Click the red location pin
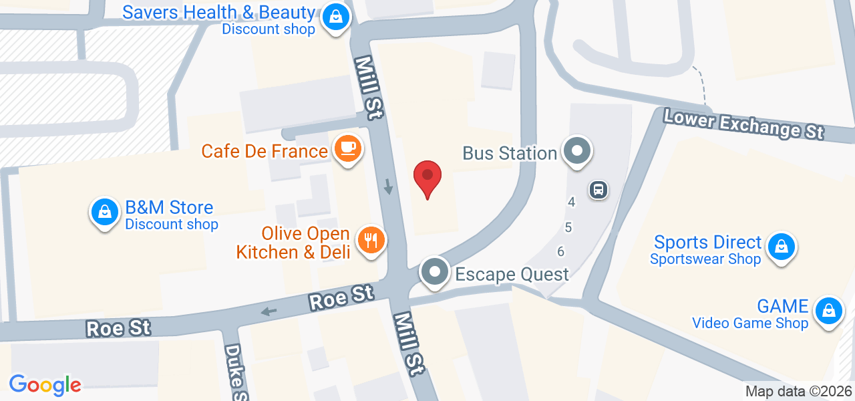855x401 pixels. point(427,178)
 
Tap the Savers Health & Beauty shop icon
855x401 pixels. point(333,17)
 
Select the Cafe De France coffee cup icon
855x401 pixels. point(347,148)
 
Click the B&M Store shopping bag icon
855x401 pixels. point(104,213)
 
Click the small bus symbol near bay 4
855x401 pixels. point(598,190)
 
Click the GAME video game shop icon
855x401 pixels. point(828,311)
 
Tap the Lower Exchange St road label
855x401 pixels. point(743,124)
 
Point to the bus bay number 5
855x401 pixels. point(568,227)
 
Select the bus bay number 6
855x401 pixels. point(560,251)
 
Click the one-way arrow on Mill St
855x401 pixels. point(388,187)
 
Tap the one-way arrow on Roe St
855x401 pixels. point(269,311)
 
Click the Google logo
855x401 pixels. point(45,385)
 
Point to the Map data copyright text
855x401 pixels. point(798,392)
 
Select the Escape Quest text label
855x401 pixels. point(512,274)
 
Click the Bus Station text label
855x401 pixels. point(510,153)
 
